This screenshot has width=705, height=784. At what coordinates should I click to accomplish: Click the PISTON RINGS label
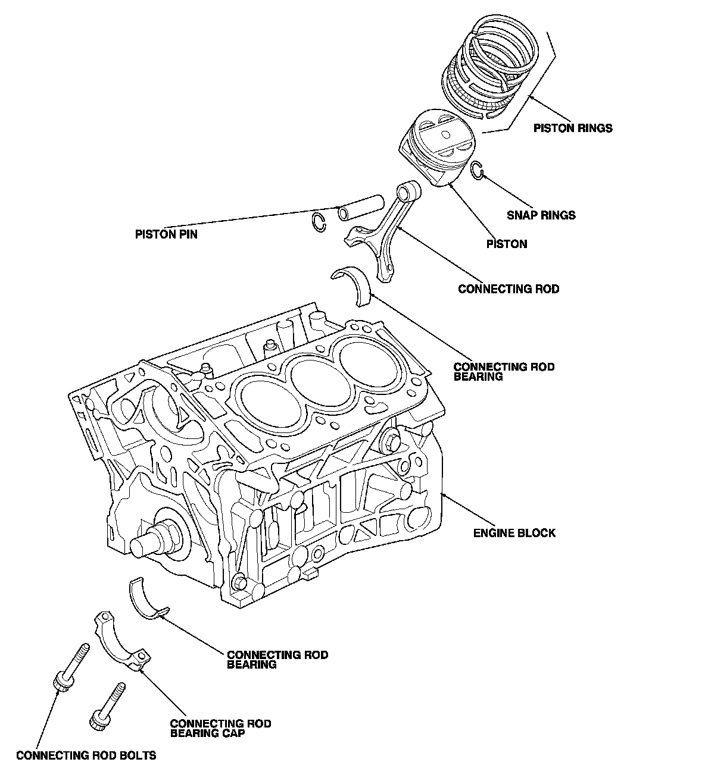point(572,128)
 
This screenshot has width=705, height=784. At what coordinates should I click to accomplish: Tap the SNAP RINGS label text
point(541,215)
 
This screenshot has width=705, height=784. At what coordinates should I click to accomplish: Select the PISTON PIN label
point(166,234)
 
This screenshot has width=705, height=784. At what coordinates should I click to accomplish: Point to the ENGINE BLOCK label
point(514,533)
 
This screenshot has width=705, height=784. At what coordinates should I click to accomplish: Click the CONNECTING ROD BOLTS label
point(86,755)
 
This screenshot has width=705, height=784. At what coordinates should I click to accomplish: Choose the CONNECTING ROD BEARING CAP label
point(220,728)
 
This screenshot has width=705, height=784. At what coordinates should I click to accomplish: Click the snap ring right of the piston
point(476,170)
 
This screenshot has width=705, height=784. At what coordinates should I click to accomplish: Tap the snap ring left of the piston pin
point(320,222)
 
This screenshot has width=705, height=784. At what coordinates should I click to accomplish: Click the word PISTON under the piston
point(507,244)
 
